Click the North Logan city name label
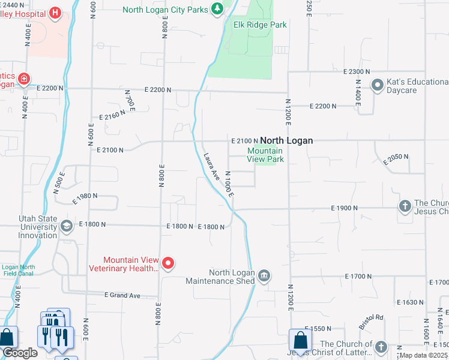pos(286,140)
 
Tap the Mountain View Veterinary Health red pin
pos(169,263)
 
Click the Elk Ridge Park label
pos(260,25)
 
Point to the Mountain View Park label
pos(265,155)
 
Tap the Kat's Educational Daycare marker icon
pos(378,85)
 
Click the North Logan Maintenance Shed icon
pos(264,276)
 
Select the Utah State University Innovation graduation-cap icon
pos(66,226)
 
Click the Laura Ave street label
pos(211,165)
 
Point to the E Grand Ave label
pos(122,295)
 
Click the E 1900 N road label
pos(344,208)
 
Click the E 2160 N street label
pos(112,117)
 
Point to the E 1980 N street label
pos(84,196)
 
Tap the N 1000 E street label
pos(229,185)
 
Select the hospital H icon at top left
pos(55,12)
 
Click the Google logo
pos(19,353)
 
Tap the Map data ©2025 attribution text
pos(423,355)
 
